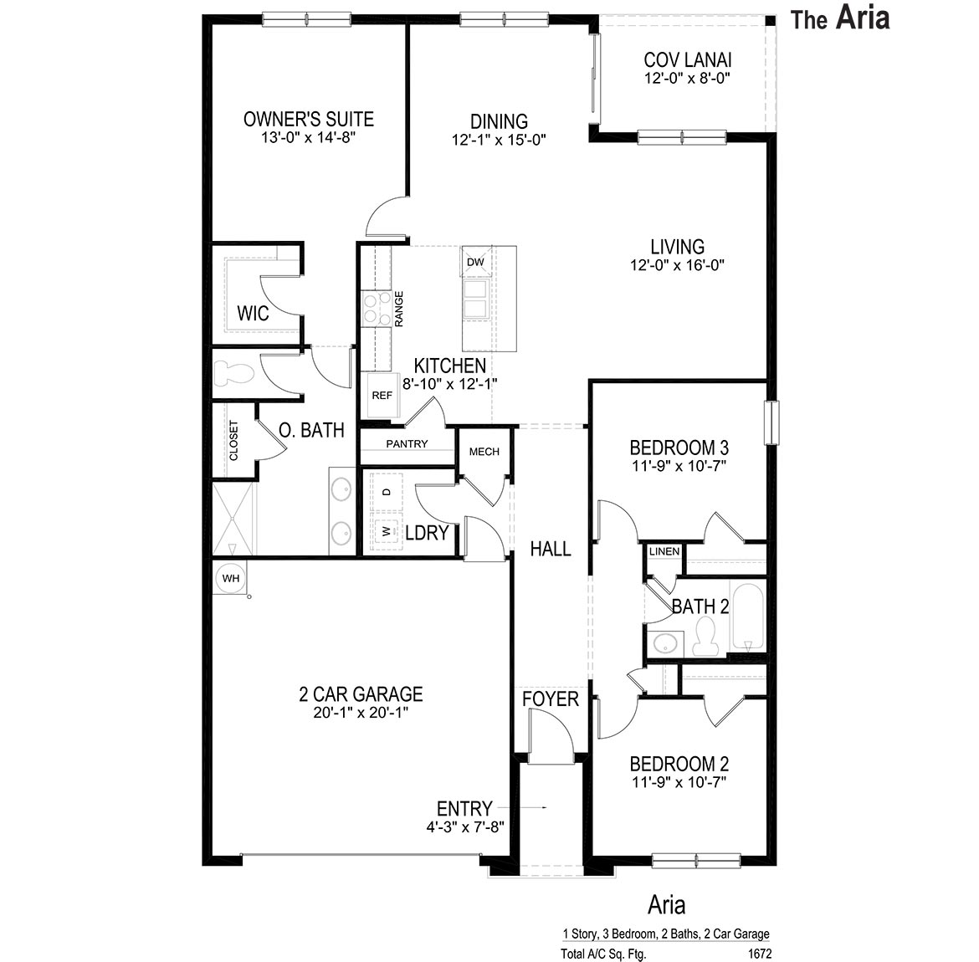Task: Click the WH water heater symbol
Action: pyautogui.click(x=230, y=578)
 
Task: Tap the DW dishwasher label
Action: pyautogui.click(x=475, y=262)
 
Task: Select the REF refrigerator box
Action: pyautogui.click(x=382, y=396)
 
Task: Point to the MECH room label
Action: pyautogui.click(x=484, y=452)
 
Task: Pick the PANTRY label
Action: pyautogui.click(x=407, y=444)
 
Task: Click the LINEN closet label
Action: pyautogui.click(x=664, y=551)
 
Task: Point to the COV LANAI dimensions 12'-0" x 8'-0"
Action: pyautogui.click(x=688, y=79)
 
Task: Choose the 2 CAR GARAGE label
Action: pyautogui.click(x=361, y=693)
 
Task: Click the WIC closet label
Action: pyautogui.click(x=253, y=314)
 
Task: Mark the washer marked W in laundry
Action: pyautogui.click(x=386, y=530)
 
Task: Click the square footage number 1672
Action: pyautogui.click(x=759, y=953)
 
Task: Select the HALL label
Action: pyautogui.click(x=551, y=549)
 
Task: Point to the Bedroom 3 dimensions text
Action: pyautogui.click(x=679, y=466)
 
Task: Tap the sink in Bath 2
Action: pyautogui.click(x=666, y=644)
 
